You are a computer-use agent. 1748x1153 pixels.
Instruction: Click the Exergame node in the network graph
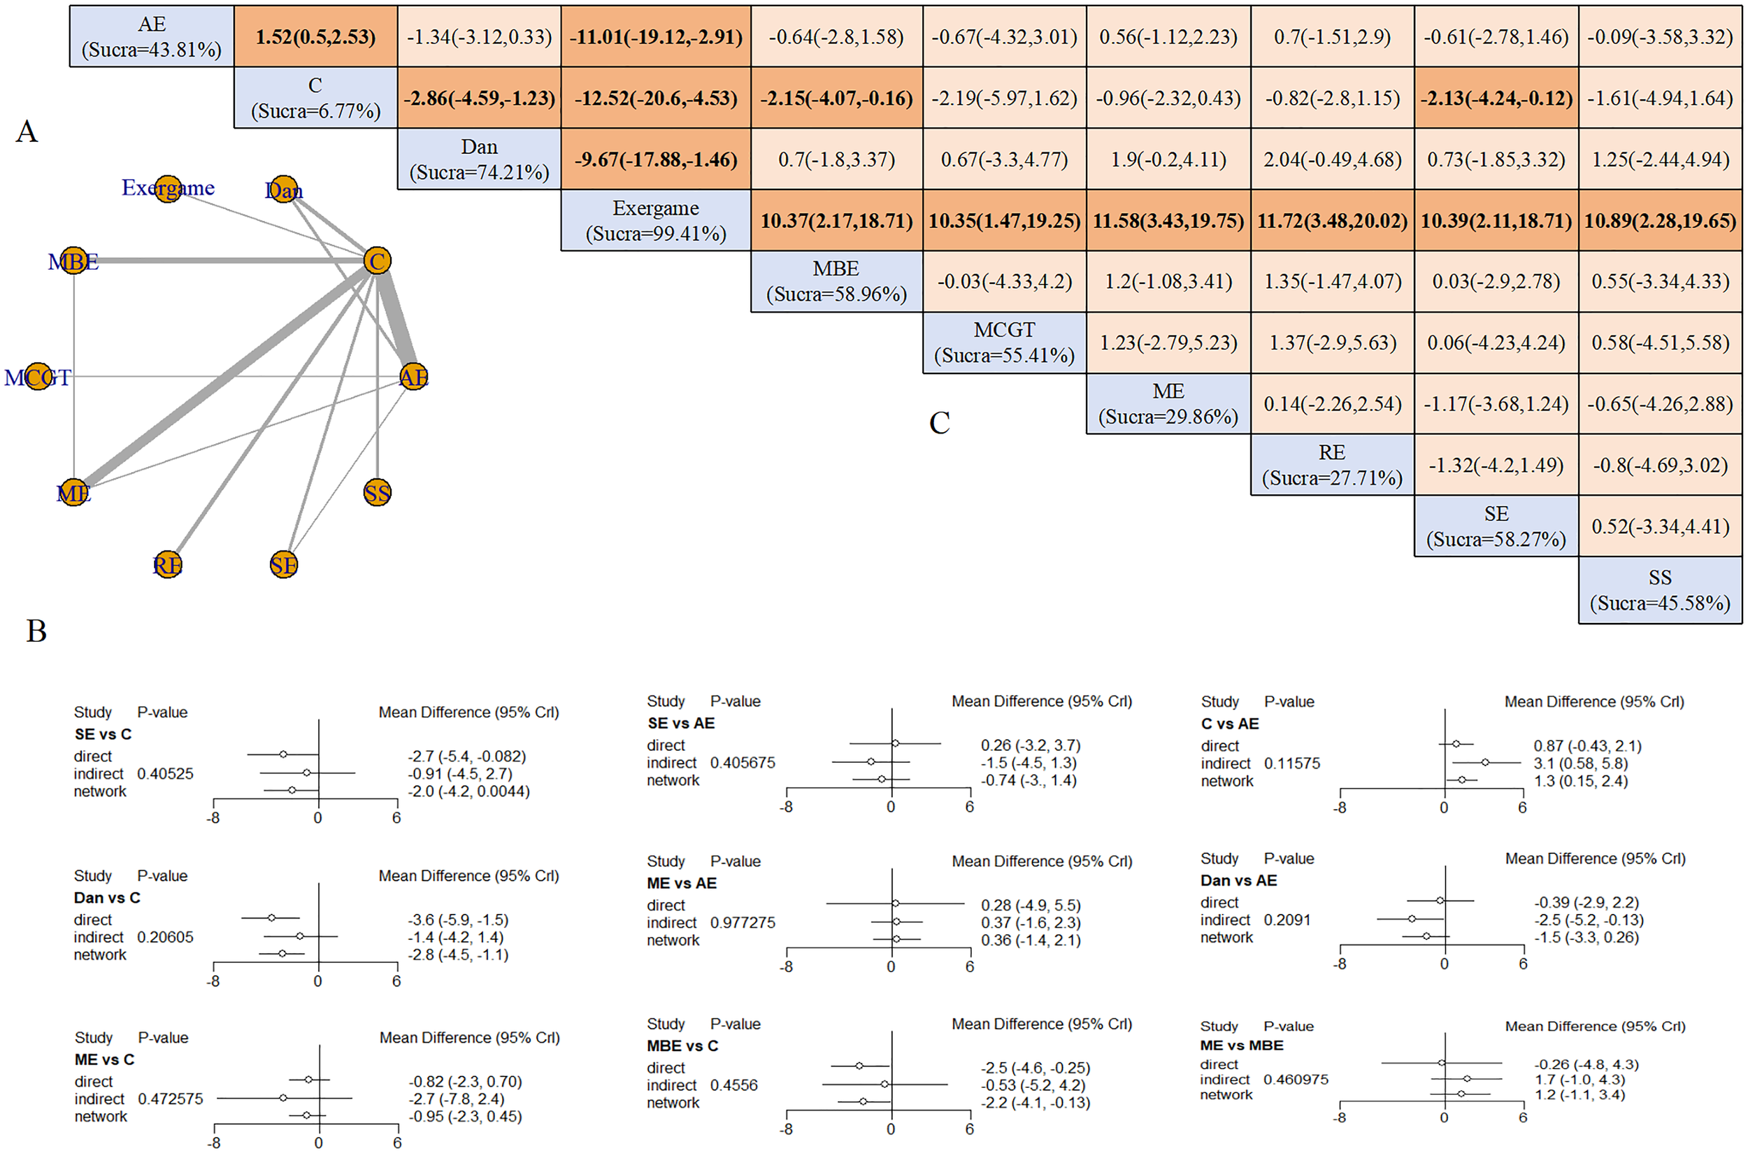169,189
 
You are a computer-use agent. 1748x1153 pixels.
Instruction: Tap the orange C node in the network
378,261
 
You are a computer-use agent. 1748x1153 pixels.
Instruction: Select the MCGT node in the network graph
38,378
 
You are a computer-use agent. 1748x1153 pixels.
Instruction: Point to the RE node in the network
168,565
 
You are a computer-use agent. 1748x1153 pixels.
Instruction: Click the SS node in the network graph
378,493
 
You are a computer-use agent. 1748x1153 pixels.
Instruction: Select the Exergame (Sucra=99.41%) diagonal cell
655,220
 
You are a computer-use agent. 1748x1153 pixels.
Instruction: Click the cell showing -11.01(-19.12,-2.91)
655,37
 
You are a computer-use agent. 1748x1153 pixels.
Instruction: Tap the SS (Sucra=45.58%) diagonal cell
1659,590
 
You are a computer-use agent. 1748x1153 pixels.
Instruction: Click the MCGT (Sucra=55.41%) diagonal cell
1004,343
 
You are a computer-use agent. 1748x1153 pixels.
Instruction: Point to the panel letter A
27,131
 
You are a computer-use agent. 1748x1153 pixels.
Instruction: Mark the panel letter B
36,631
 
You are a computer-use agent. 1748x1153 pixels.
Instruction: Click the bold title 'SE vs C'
103,734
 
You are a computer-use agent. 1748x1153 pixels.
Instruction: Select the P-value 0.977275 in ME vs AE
742,922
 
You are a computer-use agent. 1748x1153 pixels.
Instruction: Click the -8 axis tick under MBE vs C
786,1129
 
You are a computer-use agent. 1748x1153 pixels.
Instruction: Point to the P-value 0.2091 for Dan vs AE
1287,920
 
